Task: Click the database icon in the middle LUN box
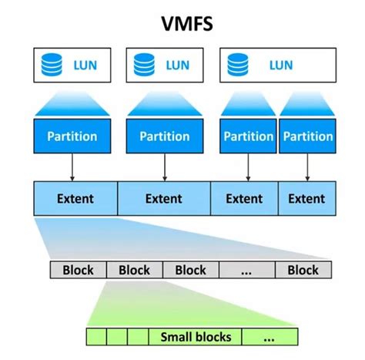(143, 66)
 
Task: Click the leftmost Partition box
(72, 136)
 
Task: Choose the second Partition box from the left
(164, 136)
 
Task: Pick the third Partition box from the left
(249, 136)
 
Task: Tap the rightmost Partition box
(306, 136)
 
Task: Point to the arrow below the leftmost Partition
(72, 168)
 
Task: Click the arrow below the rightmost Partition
(306, 168)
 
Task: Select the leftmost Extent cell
(75, 199)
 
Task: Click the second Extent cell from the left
(164, 199)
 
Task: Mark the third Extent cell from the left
(244, 199)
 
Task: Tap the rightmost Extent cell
(306, 199)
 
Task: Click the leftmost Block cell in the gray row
(78, 270)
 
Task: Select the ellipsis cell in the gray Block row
(246, 270)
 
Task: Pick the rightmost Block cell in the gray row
(303, 270)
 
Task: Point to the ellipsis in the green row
(269, 337)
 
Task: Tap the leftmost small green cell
(96, 337)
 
